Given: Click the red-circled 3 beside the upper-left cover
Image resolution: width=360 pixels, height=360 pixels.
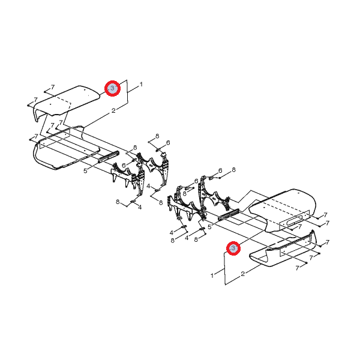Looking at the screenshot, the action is coord(112,88).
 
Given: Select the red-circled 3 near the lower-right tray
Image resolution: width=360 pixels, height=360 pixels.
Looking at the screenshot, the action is coord(233,248).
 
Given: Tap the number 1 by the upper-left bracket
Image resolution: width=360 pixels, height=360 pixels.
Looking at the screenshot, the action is coord(141,85).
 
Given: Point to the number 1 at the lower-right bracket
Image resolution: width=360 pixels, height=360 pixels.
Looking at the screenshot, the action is coord(212,275).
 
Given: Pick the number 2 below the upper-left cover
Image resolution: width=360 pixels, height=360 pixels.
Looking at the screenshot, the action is coord(113,110).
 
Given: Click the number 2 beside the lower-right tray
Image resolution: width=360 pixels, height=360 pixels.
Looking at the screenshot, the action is coord(243,274).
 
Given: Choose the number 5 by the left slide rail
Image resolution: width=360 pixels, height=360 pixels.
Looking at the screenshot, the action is coord(85,171).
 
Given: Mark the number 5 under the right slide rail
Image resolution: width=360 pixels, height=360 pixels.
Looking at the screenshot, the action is coord(209,227).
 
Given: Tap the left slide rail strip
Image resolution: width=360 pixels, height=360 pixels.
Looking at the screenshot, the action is coord(109,157).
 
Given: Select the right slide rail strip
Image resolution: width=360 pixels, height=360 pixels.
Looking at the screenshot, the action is coord(229,214).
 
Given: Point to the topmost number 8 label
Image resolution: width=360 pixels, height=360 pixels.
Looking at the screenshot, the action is coord(157,136).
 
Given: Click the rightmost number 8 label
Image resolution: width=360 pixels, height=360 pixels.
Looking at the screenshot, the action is coord(234,170).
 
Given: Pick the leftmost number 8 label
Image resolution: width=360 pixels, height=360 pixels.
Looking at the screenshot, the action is coord(118,202).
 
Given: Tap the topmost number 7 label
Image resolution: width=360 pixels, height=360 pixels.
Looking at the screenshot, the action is coord(53,87).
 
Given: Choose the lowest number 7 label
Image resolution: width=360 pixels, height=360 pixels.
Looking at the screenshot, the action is coord(298,268).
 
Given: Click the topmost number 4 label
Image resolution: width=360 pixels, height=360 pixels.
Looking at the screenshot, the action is coord(148,186).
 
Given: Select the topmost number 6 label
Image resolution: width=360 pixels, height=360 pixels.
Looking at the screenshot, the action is coord(168,143).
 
